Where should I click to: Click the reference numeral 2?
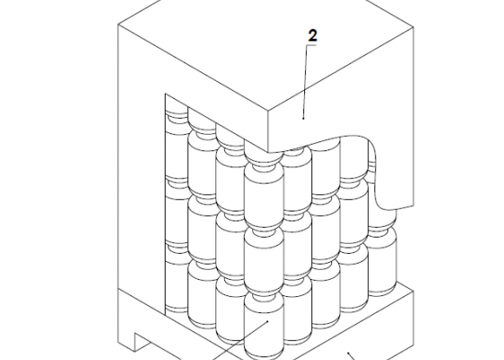pos(312,36)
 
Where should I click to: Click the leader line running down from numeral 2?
pos(305,82)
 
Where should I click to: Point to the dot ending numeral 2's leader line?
pos(303,118)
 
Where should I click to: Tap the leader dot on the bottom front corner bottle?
pos(267,320)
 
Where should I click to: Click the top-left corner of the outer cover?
pos(118,24)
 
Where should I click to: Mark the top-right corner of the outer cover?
pos(413,28)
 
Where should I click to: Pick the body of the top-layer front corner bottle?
pos(264,196)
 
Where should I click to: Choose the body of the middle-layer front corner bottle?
pos(264,260)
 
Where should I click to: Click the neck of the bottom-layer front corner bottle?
pos(264,294)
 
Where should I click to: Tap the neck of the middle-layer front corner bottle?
pos(264,230)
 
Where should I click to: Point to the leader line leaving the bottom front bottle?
pos(239,340)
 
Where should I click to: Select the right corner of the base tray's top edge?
pos(413,290)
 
